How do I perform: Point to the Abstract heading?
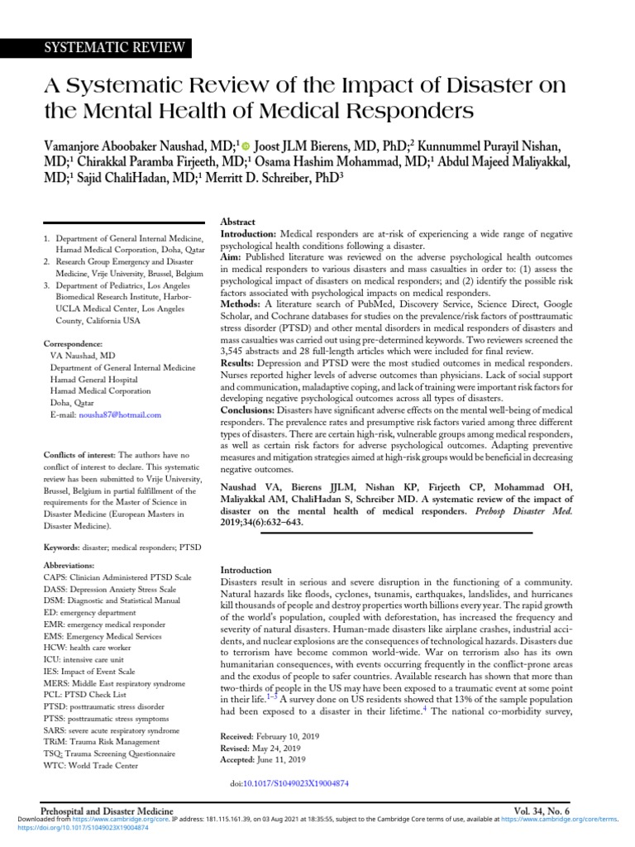pyautogui.click(x=237, y=223)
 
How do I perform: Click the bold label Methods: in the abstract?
pyautogui.click(x=240, y=304)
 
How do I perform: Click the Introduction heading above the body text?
pyautogui.click(x=246, y=570)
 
